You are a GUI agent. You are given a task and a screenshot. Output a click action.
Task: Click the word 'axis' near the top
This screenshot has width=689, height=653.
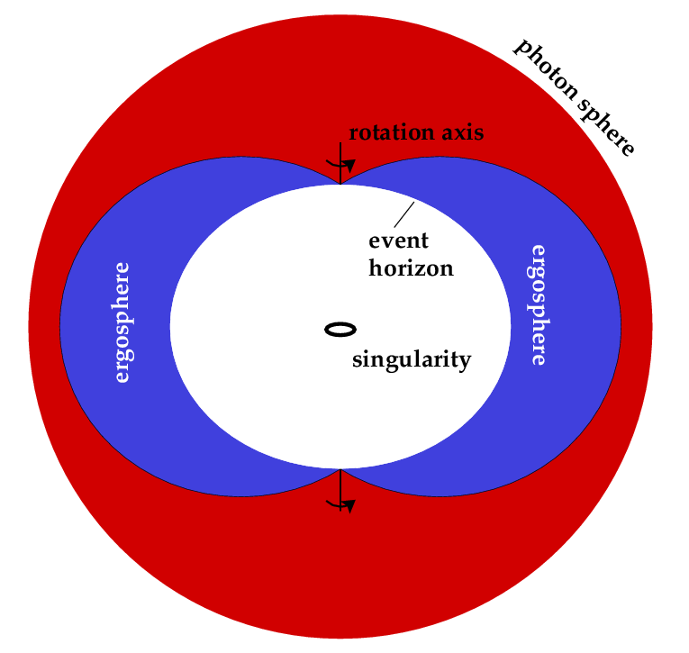[463, 133]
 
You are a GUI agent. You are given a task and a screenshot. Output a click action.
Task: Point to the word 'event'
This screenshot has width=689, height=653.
[399, 240]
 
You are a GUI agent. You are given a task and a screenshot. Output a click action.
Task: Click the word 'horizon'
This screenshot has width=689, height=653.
[411, 268]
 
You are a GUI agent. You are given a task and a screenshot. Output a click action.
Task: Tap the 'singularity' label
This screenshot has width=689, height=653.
[412, 360]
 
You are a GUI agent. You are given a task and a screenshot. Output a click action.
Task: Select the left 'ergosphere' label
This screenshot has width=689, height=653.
[122, 322]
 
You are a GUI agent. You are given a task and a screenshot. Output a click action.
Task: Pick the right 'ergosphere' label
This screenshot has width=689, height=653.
[539, 304]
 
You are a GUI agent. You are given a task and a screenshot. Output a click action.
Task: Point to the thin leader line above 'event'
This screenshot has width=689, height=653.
[403, 215]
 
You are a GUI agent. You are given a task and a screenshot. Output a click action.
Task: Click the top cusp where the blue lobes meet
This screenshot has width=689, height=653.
[340, 184]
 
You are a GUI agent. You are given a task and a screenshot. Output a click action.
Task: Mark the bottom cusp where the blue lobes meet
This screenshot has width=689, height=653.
[340, 469]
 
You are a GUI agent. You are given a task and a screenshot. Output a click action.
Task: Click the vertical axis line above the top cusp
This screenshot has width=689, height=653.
[340, 153]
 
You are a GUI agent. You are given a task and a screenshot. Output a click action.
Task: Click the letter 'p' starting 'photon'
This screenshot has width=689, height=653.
[521, 47]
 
